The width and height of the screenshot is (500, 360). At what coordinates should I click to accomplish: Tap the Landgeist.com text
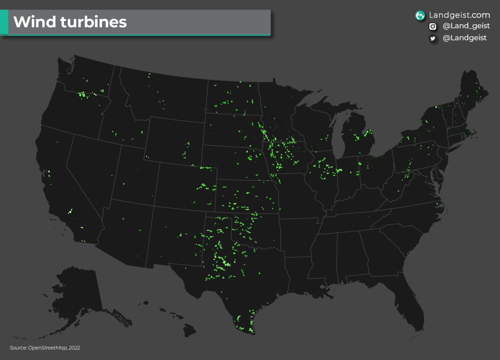(x=459, y=15)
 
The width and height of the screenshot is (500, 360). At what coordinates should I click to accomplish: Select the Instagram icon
(x=433, y=27)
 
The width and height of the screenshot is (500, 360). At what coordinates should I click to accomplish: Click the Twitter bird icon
(x=433, y=38)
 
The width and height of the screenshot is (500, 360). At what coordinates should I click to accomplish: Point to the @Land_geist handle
(x=466, y=26)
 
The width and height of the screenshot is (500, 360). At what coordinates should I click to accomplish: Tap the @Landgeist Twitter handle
(x=464, y=38)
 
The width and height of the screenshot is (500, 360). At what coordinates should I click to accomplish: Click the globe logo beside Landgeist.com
(x=419, y=16)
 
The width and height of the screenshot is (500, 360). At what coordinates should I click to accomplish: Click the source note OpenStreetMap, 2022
(x=45, y=348)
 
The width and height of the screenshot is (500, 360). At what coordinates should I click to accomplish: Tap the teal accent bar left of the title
(x=4, y=22)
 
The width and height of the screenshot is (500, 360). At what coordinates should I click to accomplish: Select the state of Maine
(x=473, y=95)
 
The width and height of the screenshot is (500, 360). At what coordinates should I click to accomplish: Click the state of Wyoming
(x=173, y=139)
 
